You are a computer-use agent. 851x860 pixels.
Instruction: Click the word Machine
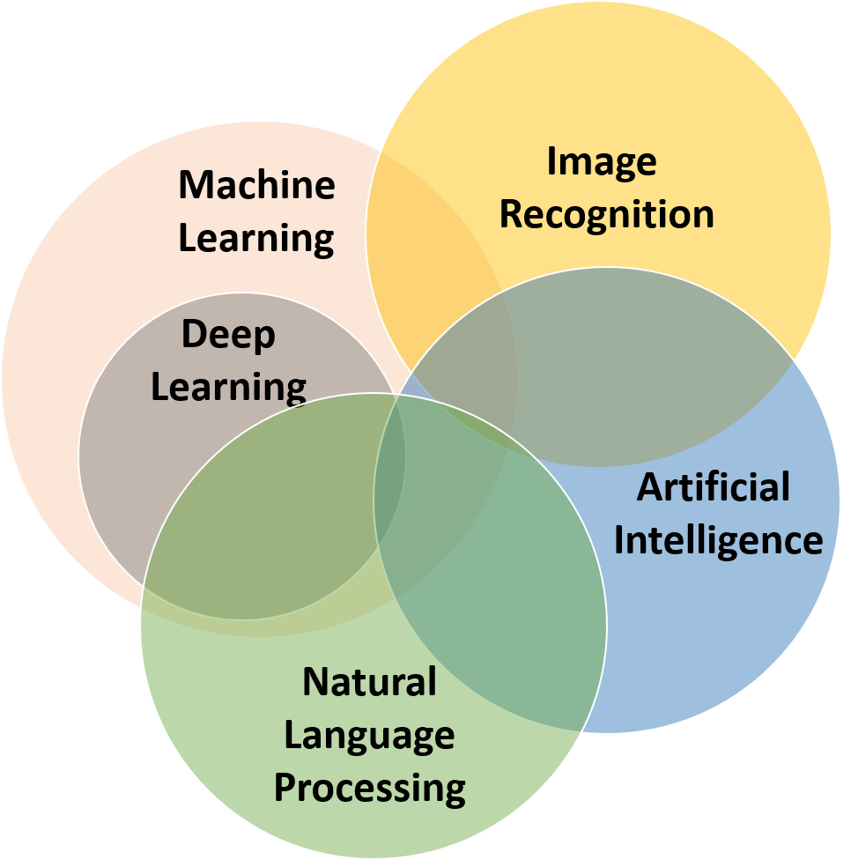(256, 185)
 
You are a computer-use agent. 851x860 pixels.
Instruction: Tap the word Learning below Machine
(256, 238)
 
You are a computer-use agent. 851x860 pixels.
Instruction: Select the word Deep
(228, 335)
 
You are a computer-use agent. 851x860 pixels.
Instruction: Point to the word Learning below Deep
(228, 386)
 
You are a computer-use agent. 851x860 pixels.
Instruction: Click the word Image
(602, 162)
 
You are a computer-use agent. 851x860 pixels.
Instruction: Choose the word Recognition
(606, 215)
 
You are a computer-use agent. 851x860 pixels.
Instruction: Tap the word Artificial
(714, 486)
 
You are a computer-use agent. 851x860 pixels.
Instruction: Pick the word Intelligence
(718, 539)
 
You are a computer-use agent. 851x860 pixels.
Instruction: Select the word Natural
(369, 682)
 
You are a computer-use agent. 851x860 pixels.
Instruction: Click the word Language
(369, 735)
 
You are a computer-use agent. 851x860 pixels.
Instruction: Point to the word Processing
(369, 788)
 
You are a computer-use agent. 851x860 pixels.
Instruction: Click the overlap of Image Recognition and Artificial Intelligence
(634, 370)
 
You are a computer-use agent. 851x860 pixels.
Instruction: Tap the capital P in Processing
(284, 788)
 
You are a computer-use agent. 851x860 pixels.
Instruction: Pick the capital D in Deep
(193, 335)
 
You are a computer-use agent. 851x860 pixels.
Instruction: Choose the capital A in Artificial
(649, 486)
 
